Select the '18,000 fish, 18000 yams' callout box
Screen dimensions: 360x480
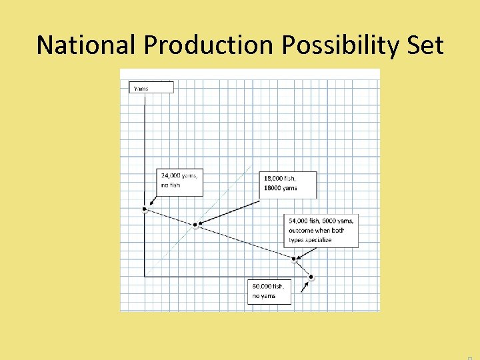(287, 184)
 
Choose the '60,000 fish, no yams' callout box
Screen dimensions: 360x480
(269, 291)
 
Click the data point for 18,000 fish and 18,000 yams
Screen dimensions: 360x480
(195, 225)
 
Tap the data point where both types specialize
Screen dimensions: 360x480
(293, 259)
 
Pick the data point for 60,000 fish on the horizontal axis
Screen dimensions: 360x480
(311, 276)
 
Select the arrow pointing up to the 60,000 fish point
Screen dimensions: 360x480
(305, 285)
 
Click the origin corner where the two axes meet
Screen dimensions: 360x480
(145, 276)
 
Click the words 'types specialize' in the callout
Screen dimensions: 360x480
(310, 240)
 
